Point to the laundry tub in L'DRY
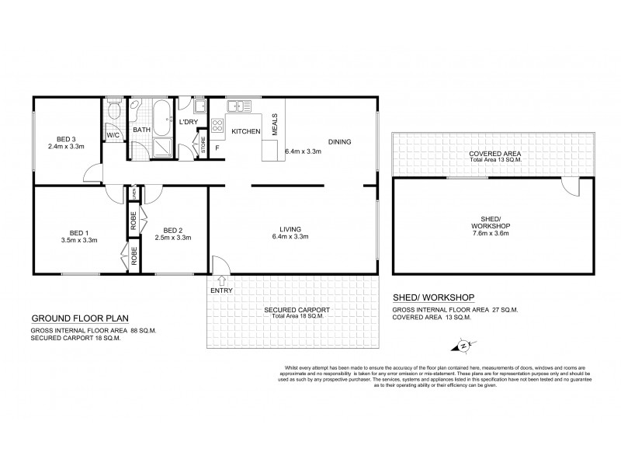199,107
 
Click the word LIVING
292,228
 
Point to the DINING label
339,142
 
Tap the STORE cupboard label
203,145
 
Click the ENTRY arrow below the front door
223,280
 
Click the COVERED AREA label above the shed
494,154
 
